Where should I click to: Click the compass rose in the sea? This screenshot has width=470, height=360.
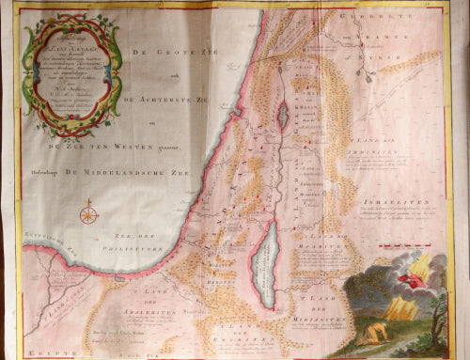(x=89, y=214)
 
